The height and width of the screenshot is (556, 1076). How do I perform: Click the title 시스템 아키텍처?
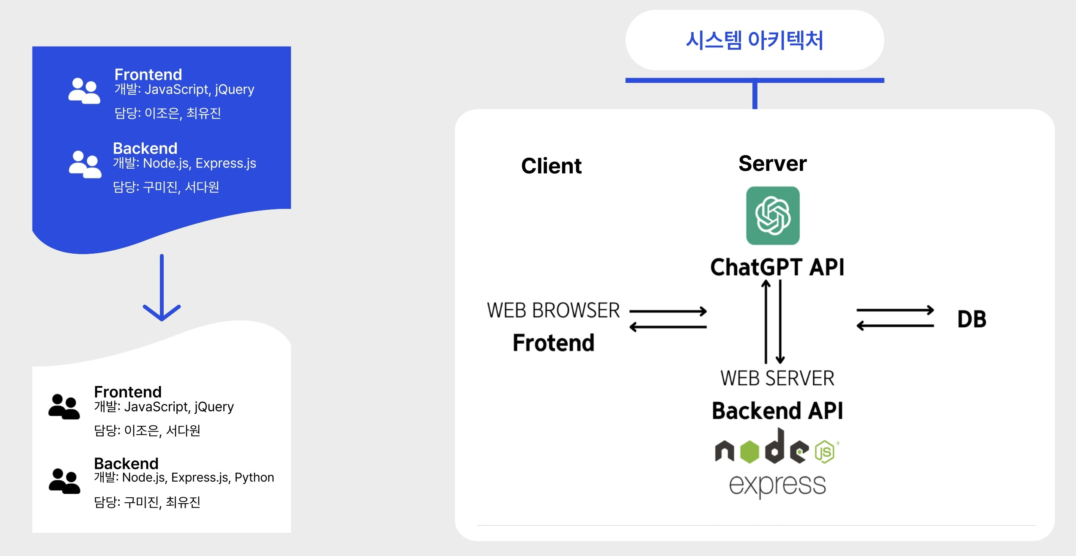[x=755, y=40]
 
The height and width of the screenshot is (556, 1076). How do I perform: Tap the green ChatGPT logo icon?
[x=773, y=216]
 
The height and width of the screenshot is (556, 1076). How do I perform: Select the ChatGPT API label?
[x=777, y=267]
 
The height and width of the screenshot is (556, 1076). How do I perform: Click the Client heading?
[x=552, y=166]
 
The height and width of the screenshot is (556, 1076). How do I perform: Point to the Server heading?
[x=773, y=163]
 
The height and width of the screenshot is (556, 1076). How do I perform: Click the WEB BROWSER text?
[x=553, y=310]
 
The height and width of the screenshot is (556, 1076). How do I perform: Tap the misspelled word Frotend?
[x=554, y=342]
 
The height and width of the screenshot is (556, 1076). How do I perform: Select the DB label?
[x=972, y=319]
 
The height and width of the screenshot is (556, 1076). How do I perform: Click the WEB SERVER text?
[x=777, y=378]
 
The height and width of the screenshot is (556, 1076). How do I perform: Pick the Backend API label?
[x=777, y=411]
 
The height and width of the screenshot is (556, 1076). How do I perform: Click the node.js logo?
[x=777, y=446]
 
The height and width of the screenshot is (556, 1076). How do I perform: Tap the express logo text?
[x=777, y=485]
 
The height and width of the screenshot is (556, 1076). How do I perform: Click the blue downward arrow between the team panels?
[x=162, y=288]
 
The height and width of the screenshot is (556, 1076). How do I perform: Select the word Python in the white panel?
[x=254, y=478]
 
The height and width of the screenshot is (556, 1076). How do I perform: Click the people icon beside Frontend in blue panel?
[x=85, y=90]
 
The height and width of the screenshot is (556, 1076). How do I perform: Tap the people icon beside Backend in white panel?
[x=64, y=481]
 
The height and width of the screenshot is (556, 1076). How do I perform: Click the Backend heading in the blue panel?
[x=145, y=148]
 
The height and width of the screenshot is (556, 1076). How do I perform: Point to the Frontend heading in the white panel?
[x=128, y=392]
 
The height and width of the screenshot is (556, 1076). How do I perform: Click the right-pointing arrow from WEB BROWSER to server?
[x=668, y=312]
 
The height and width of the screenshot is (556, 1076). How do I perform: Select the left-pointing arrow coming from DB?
[x=895, y=326]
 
